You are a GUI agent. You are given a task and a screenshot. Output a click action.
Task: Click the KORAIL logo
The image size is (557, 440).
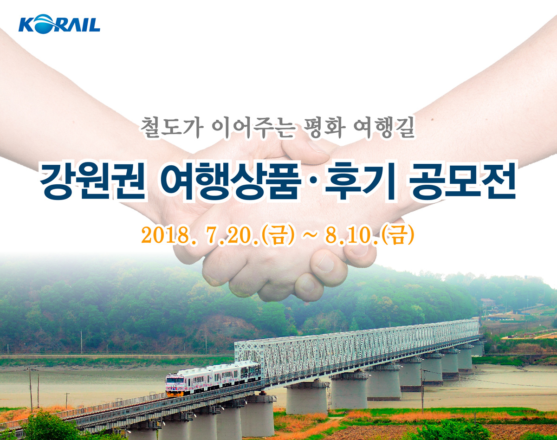click(59, 24)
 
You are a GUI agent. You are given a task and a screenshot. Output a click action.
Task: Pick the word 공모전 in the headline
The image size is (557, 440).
click(462, 181)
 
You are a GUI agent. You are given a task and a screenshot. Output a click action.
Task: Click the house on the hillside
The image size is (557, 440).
click(488, 303)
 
